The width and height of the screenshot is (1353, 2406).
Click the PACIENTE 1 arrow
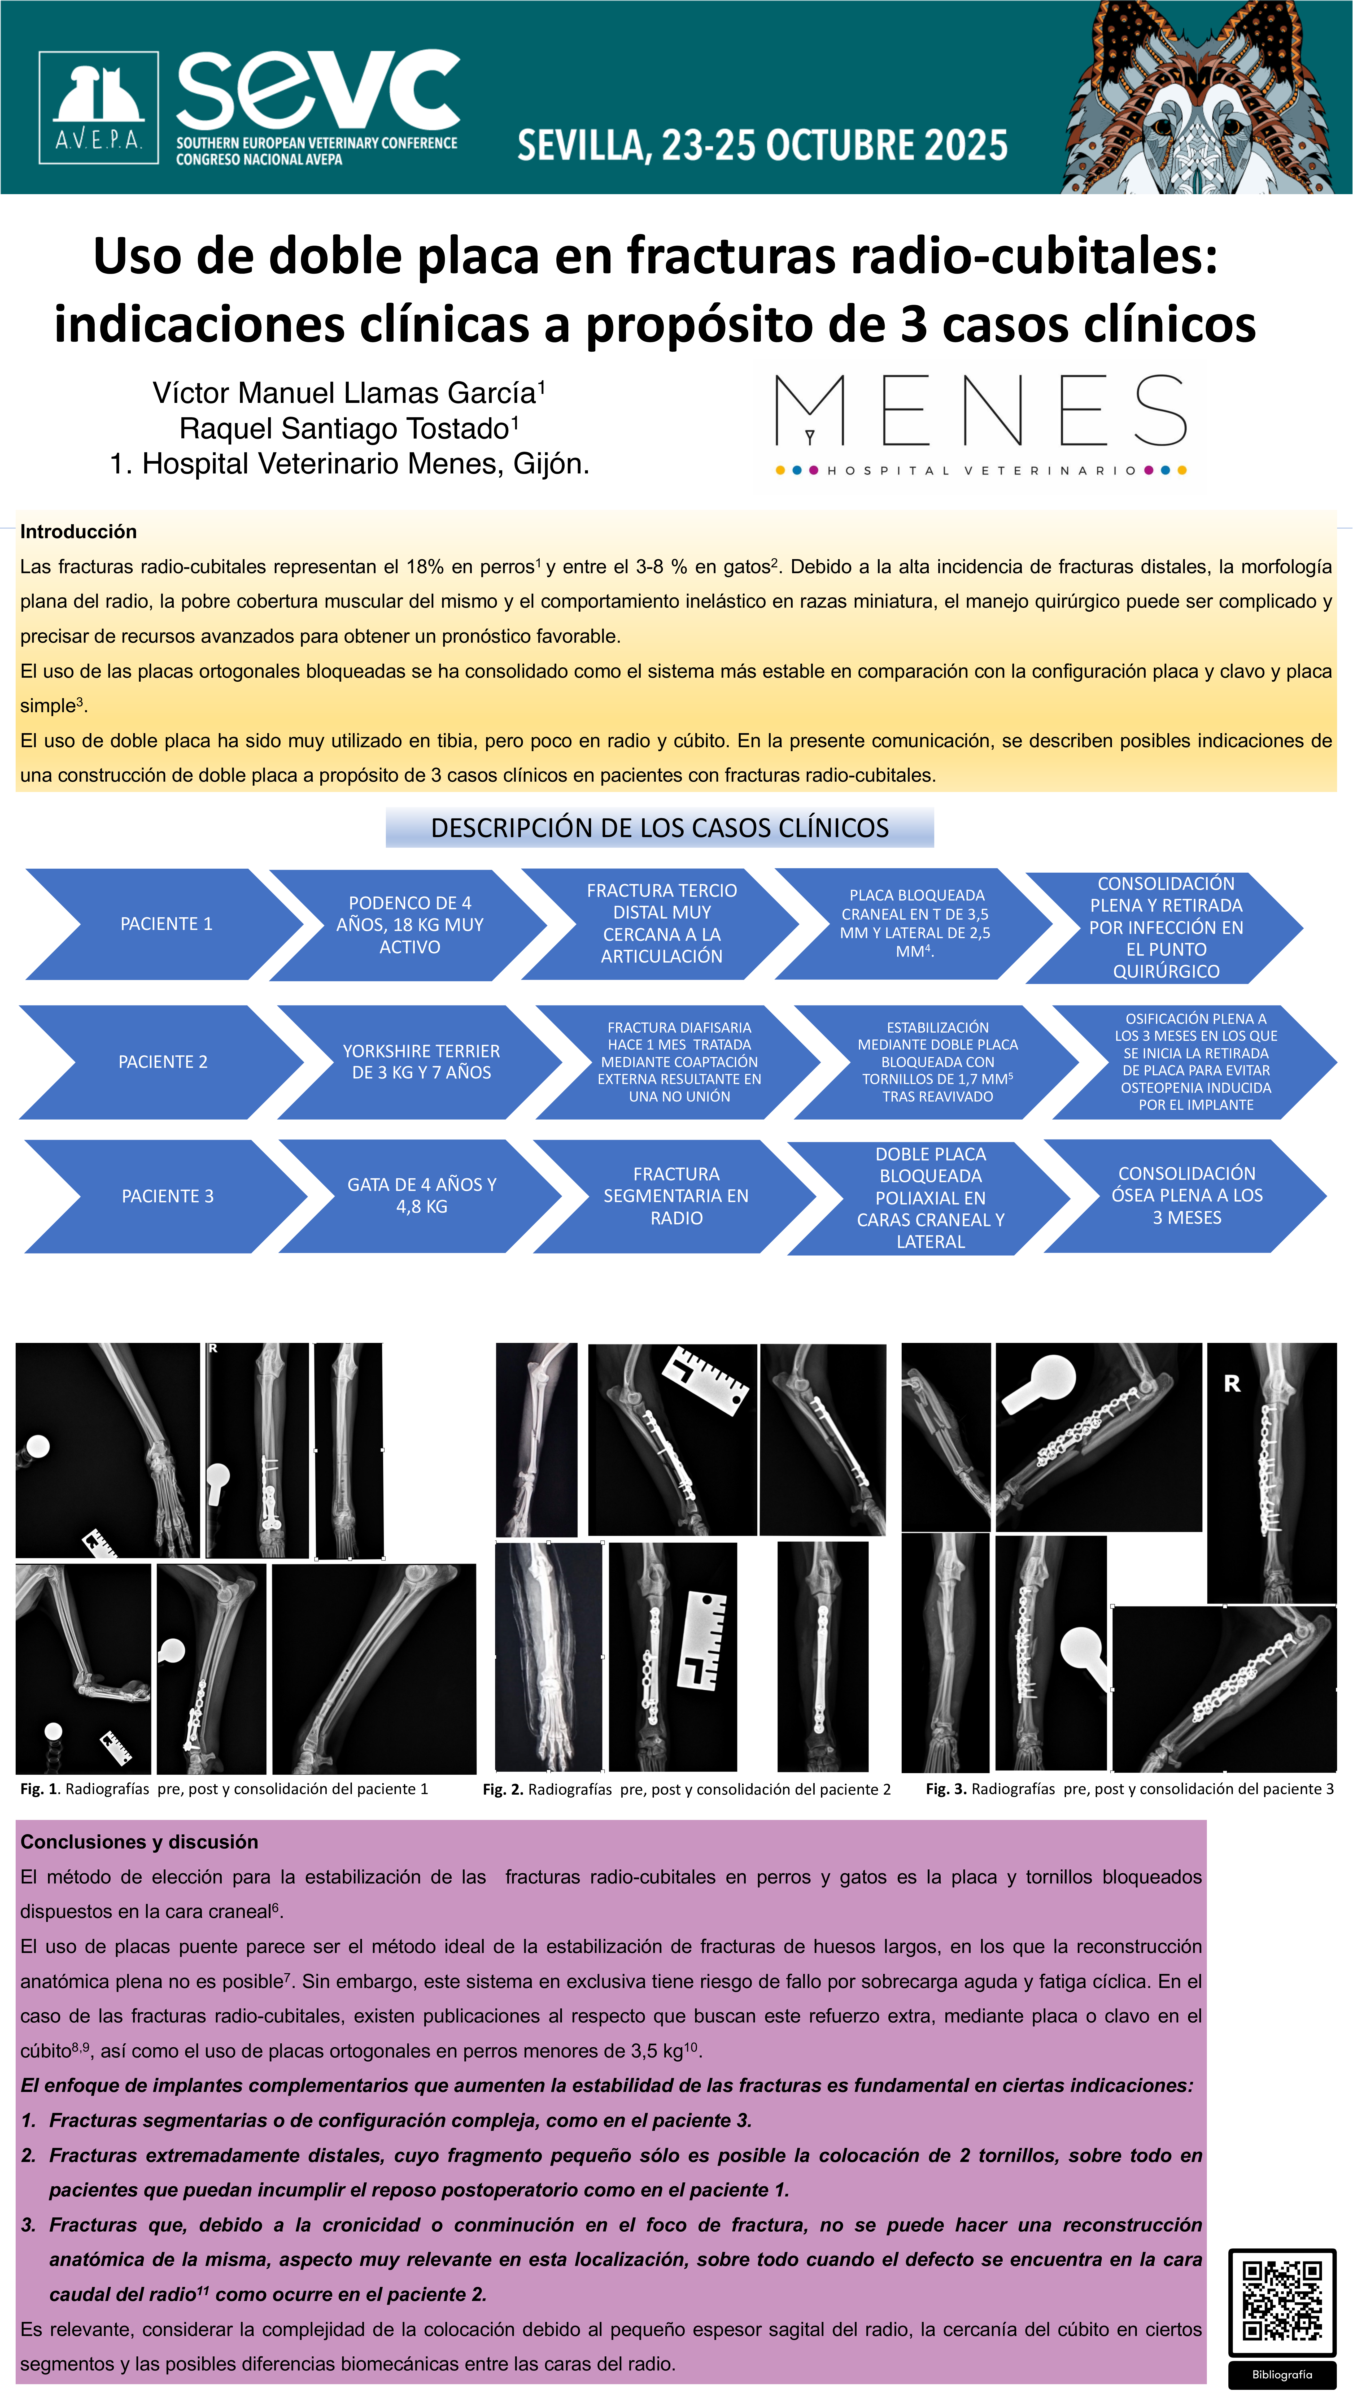(165, 924)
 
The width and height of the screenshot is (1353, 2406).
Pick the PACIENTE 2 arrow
(163, 1062)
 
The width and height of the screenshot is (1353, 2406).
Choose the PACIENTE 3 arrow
(167, 1197)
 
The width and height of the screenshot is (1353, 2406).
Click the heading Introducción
(78, 532)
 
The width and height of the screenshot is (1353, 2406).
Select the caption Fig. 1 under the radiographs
(224, 1789)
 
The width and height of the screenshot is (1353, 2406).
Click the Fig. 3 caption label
(1129, 1789)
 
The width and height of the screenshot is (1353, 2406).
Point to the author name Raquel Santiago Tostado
(348, 429)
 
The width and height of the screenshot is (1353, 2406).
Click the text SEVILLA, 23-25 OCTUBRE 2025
(762, 146)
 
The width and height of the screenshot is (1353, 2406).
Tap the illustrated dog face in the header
(1204, 98)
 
